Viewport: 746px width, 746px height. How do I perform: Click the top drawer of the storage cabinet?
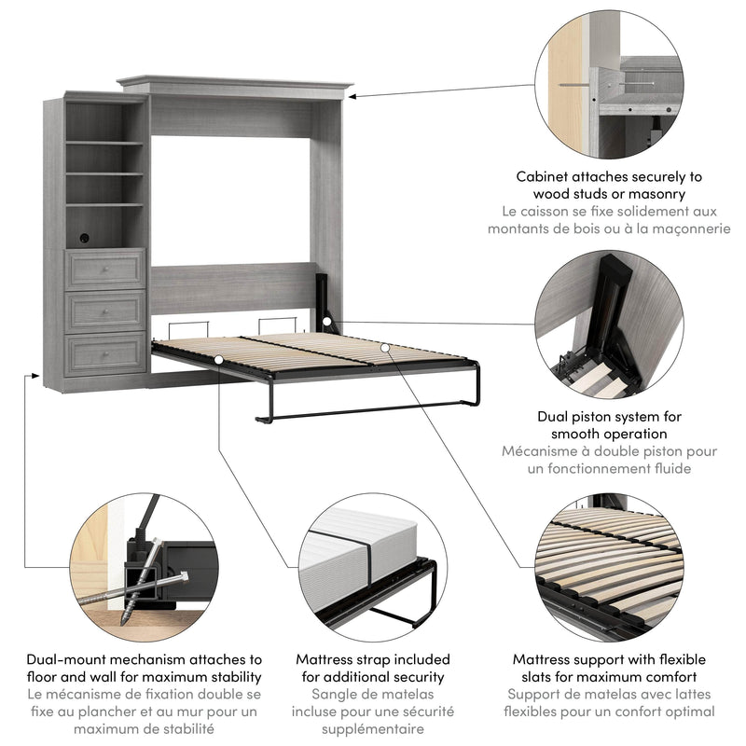click(x=105, y=269)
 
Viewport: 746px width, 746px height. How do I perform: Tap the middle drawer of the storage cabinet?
click(x=105, y=311)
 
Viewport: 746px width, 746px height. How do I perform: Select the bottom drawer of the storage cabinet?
click(x=105, y=353)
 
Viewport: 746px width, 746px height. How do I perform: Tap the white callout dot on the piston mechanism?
click(x=328, y=323)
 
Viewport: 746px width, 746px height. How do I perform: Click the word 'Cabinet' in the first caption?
click(x=546, y=176)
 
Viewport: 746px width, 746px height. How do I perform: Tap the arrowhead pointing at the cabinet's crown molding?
click(x=359, y=95)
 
